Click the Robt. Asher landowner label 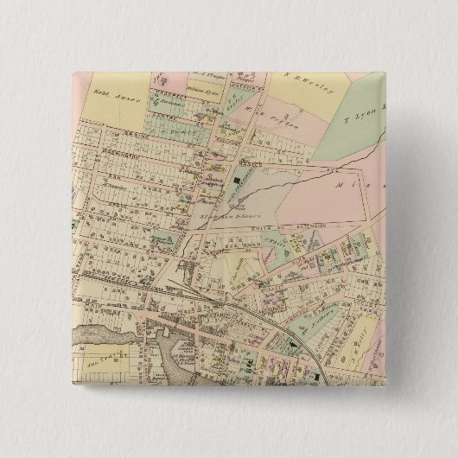(108, 90)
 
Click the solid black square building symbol (236, 179)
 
